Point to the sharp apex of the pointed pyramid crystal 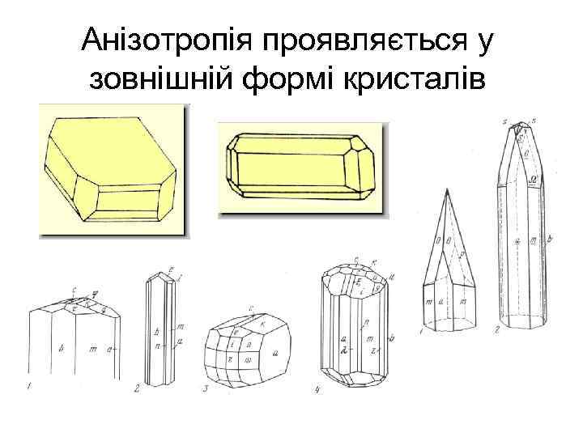click(445, 191)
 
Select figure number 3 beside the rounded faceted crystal click(206, 389)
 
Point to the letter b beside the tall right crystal click(550, 240)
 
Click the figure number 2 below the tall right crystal click(495, 331)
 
